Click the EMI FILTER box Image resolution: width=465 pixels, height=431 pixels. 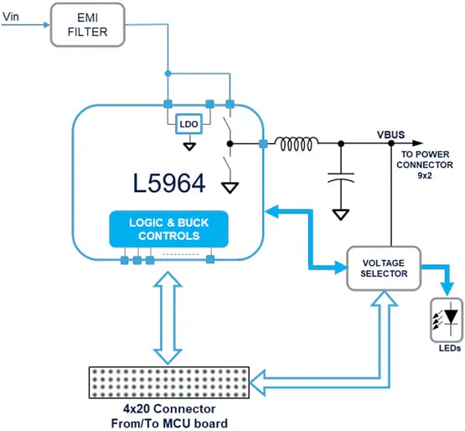pos(90,24)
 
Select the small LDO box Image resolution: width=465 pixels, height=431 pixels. pos(189,125)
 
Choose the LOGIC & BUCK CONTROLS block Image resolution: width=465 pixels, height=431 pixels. pos(168,229)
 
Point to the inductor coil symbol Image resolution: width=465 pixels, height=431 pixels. pos(294,145)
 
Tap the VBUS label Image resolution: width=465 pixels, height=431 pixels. pos(391,134)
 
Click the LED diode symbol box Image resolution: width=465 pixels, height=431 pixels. pos(446,319)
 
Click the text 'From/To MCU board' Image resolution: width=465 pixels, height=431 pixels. pos(168,423)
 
